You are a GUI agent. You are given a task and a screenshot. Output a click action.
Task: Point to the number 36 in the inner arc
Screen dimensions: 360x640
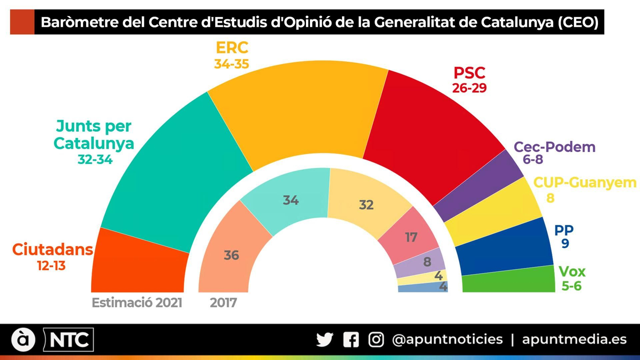(x=231, y=255)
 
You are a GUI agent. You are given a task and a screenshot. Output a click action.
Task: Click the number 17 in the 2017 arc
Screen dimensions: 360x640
(x=411, y=238)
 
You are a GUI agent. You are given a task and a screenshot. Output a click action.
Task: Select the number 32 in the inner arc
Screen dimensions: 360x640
(x=366, y=205)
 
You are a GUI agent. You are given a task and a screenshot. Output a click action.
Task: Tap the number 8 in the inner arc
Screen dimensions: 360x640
(x=427, y=262)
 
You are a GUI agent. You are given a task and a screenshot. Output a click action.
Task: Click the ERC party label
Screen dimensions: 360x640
(x=232, y=48)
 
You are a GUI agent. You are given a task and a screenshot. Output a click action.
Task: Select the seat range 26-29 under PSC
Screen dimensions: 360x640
(x=469, y=88)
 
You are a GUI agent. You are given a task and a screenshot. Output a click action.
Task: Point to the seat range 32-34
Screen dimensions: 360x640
(x=95, y=160)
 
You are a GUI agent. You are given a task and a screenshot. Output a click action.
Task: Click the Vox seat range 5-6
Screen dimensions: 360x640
(x=571, y=286)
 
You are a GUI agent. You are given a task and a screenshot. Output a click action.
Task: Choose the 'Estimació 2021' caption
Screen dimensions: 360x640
(x=137, y=302)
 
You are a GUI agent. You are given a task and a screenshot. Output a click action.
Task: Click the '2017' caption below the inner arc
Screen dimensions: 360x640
(x=223, y=302)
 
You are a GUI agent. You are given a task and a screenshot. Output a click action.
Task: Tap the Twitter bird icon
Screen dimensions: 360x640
(x=324, y=340)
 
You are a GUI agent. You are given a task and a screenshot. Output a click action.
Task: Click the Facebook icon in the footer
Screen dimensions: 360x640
(x=351, y=340)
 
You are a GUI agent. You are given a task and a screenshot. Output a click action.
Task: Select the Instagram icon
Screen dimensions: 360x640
(x=376, y=340)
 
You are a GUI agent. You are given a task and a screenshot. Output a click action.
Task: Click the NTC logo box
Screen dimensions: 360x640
(x=69, y=340)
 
